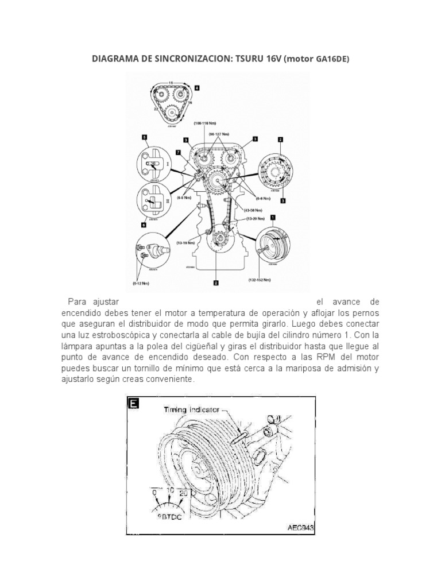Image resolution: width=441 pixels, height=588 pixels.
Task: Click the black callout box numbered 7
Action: pyautogui.click(x=179, y=152)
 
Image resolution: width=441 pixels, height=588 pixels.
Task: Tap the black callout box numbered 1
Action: pyautogui.click(x=272, y=218)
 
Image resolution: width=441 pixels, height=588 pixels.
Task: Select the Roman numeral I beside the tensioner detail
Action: pyautogui.click(x=168, y=164)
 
